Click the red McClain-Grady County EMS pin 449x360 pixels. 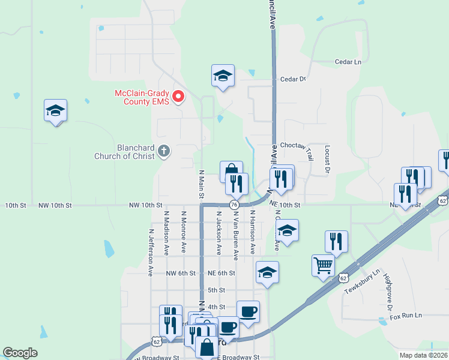click(x=178, y=96)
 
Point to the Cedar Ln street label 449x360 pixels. click(x=349, y=62)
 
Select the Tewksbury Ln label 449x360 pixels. click(x=362, y=281)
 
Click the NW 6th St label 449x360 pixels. click(x=181, y=273)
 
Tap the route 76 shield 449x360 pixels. click(x=234, y=205)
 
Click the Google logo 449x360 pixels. click(x=20, y=353)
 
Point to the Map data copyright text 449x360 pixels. click(x=423, y=355)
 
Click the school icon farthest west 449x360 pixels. click(x=55, y=110)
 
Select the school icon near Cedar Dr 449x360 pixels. click(x=223, y=76)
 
